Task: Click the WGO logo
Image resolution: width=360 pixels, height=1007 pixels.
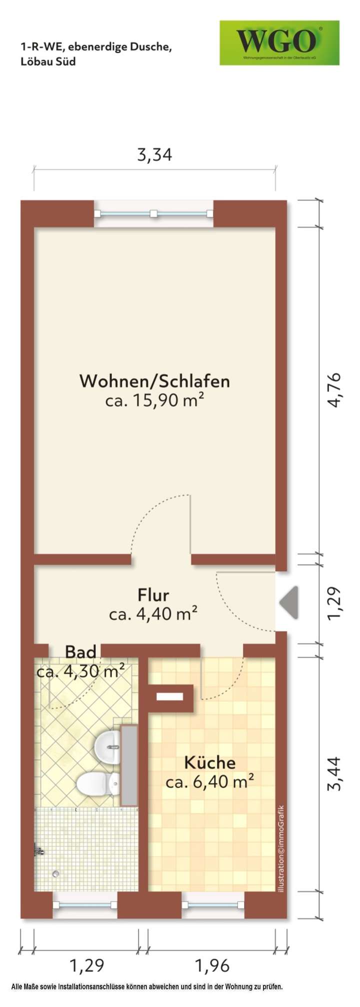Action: (x=279, y=43)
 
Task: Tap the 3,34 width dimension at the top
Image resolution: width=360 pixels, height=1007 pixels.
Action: (x=154, y=155)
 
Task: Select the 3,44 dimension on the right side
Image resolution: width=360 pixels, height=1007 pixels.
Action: (x=333, y=773)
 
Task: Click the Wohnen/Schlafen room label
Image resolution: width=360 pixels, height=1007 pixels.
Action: (x=154, y=381)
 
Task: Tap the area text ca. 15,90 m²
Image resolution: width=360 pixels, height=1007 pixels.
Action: (x=154, y=400)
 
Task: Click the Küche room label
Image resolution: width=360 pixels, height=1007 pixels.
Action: (x=210, y=763)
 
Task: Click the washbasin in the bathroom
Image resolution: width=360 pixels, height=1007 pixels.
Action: (x=108, y=747)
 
